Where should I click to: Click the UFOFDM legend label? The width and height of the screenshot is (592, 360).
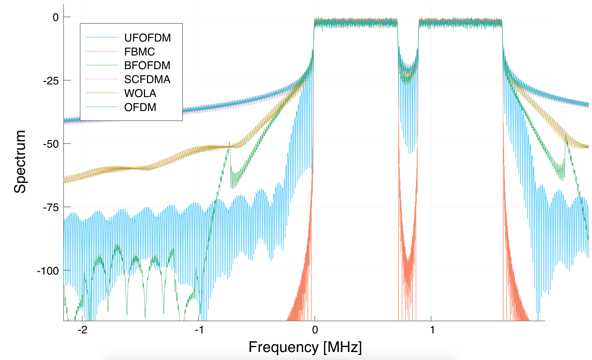click(x=147, y=38)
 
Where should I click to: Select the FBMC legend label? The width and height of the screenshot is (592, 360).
click(x=140, y=52)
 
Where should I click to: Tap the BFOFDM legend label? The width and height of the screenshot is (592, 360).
click(x=147, y=65)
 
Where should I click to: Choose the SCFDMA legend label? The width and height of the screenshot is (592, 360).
click(x=147, y=79)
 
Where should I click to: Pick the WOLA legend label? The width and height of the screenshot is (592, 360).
click(x=140, y=93)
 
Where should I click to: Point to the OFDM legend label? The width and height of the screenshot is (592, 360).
click(x=140, y=107)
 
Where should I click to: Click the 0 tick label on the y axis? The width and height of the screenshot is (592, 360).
click(x=56, y=17)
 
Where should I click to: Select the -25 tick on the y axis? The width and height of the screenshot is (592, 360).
click(x=51, y=81)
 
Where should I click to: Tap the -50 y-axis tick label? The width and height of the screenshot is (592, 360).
click(x=51, y=144)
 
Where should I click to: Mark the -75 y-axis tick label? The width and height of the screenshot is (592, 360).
click(x=51, y=208)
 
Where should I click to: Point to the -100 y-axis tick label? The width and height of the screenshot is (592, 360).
click(x=48, y=271)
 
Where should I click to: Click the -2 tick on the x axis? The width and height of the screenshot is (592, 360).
click(x=82, y=330)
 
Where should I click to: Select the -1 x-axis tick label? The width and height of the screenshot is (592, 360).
click(x=199, y=330)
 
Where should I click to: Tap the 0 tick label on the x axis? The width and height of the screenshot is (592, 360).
click(x=315, y=330)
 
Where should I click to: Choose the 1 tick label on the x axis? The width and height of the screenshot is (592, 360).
click(x=432, y=330)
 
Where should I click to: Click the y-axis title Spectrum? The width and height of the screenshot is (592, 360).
click(x=20, y=162)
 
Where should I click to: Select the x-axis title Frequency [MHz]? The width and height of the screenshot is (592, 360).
click(x=305, y=347)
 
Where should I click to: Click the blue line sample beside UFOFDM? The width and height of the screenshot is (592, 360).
click(x=102, y=38)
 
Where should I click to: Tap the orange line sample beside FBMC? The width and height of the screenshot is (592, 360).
click(x=102, y=52)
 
